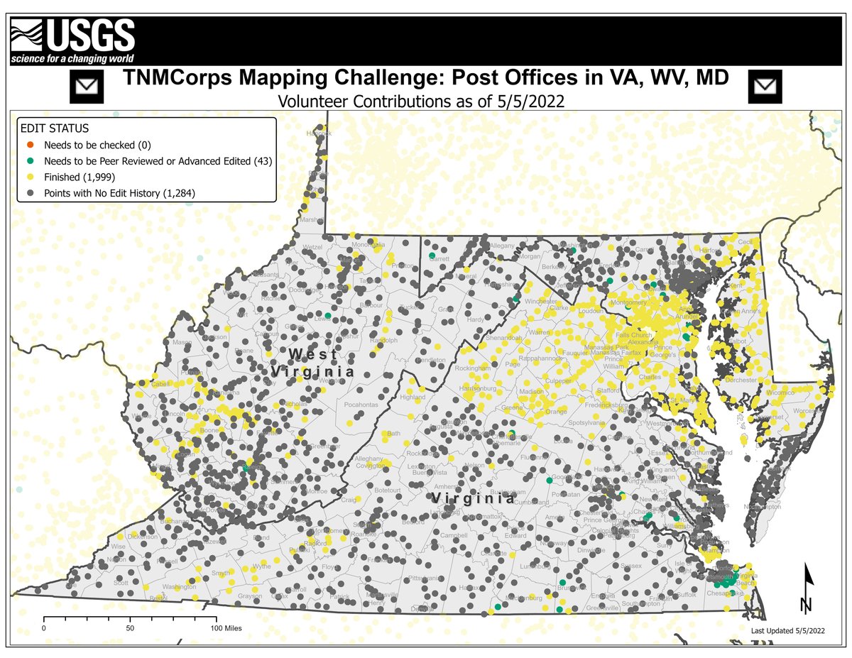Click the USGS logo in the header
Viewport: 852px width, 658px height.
[72, 41]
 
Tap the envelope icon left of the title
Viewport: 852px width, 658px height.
[87, 87]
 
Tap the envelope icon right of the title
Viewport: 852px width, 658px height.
[765, 87]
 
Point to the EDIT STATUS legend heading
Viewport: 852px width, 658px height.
[55, 129]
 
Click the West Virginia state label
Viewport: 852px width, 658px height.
[312, 362]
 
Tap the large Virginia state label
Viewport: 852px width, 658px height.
[474, 499]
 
